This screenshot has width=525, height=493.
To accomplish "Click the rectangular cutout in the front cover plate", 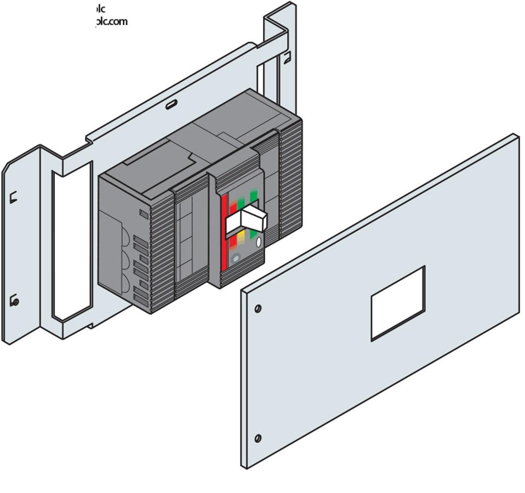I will (398, 303).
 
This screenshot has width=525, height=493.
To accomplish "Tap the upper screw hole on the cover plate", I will (259, 308).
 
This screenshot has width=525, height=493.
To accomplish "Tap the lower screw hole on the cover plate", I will (258, 438).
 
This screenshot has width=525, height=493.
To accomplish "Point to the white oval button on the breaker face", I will (259, 241).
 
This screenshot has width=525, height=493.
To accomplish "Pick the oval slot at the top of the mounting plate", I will (171, 105).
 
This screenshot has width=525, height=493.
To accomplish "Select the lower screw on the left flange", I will (15, 301).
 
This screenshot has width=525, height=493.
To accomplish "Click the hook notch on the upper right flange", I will (286, 56).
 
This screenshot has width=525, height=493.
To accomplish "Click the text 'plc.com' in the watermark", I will (112, 21).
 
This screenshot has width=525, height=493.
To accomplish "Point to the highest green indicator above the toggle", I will (254, 195).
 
